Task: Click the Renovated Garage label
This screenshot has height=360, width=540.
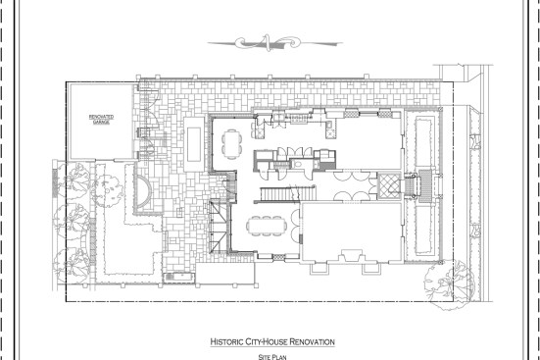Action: [x=101, y=120]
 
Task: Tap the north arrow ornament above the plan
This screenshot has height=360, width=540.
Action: [x=274, y=43]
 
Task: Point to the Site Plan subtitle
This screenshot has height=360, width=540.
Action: [x=272, y=357]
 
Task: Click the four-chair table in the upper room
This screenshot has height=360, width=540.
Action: [x=231, y=144]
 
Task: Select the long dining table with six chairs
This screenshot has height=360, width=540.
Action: [x=267, y=226]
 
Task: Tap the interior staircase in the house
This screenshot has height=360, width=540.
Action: [x=287, y=194]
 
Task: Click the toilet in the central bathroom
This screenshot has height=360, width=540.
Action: [x=298, y=164]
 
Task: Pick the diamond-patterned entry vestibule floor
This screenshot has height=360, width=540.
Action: [x=389, y=186]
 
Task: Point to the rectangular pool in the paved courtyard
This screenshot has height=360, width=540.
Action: [x=194, y=144]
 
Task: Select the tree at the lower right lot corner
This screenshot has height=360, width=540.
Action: [x=450, y=284]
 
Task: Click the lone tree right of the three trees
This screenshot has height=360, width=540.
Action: [x=108, y=191]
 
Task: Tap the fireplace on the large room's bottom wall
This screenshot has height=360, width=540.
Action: [x=351, y=256]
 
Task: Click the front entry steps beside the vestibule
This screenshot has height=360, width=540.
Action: [x=412, y=186]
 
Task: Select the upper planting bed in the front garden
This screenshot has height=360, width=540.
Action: [x=423, y=141]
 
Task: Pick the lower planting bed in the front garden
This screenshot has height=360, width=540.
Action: [x=423, y=231]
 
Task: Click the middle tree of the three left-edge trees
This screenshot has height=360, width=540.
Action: [x=71, y=222]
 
